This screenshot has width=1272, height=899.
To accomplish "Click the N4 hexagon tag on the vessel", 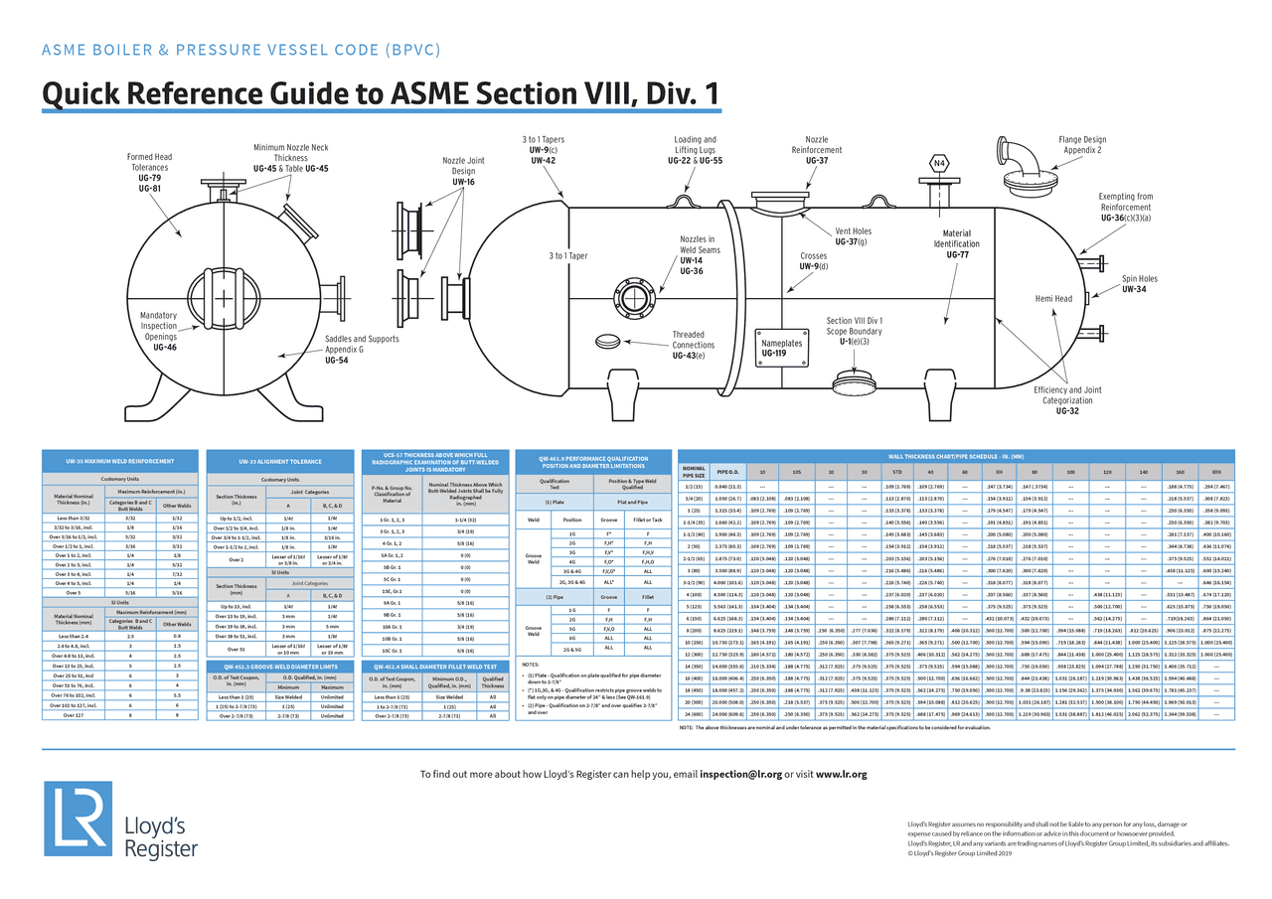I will coord(939,164).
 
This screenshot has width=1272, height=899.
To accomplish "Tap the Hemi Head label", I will coord(1053,298).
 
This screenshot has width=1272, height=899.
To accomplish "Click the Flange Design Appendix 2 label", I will coord(1082,145).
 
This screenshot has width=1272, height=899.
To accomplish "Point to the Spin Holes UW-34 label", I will coord(1140,284).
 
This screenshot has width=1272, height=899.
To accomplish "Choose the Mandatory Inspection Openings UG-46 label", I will coord(158,331).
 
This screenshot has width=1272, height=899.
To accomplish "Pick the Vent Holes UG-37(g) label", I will coord(853,236).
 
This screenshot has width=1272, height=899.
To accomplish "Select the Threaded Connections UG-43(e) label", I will coord(693,345).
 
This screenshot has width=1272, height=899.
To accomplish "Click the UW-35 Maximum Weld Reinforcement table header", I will coord(121,462).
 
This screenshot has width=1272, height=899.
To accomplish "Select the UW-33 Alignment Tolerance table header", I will coord(279,462).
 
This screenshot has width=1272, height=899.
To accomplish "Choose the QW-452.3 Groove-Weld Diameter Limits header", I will coord(279,666).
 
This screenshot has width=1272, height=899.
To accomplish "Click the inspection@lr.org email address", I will coord(740,774).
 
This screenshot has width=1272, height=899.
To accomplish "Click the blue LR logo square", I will coord(78,819).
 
